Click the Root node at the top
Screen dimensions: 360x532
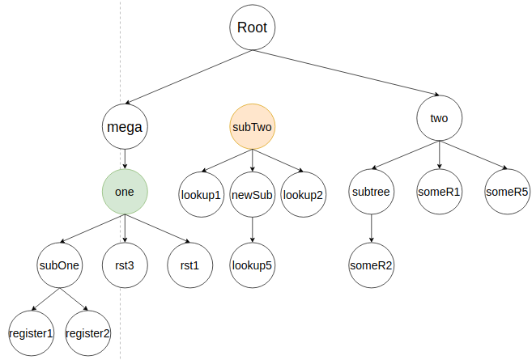(x=252, y=28)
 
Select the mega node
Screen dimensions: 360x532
(x=124, y=126)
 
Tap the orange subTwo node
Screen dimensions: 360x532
(x=252, y=126)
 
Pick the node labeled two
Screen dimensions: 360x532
(x=439, y=118)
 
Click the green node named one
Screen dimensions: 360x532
(x=124, y=192)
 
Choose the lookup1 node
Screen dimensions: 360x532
(x=201, y=194)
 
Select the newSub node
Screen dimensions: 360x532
(x=252, y=194)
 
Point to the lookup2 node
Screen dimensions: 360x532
(x=304, y=194)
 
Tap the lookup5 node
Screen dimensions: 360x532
(x=252, y=265)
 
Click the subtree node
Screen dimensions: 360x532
(x=371, y=192)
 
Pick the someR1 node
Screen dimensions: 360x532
(x=439, y=192)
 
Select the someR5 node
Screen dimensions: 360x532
(x=507, y=192)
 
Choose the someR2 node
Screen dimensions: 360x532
(x=371, y=265)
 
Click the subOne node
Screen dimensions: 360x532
(x=59, y=265)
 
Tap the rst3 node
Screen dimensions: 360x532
(x=124, y=265)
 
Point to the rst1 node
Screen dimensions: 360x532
(x=189, y=265)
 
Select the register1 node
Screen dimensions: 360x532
(x=31, y=332)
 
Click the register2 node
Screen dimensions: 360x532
(x=87, y=332)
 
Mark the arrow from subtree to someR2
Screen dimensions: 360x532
(x=371, y=228)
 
